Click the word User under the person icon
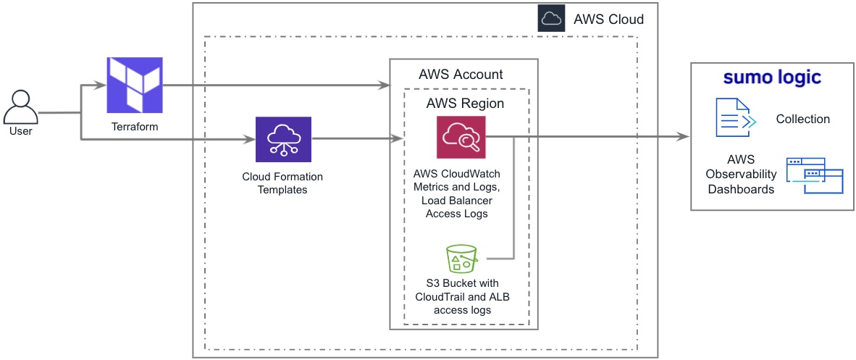pyautogui.click(x=20, y=133)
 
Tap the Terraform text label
pyautogui.click(x=135, y=127)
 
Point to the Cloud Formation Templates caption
pyautogui.click(x=282, y=183)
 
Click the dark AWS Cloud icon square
pyautogui.click(x=551, y=19)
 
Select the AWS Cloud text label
pyautogui.click(x=608, y=20)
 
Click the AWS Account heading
pyautogui.click(x=461, y=75)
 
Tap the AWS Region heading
pyautogui.click(x=465, y=104)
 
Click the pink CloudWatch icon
pyautogui.click(x=461, y=136)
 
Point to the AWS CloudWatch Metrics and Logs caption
pyautogui.click(x=457, y=193)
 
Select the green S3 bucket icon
pyautogui.click(x=461, y=258)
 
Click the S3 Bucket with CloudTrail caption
pyautogui.click(x=462, y=296)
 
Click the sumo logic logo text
pyautogui.click(x=772, y=78)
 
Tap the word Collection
pyautogui.click(x=802, y=119)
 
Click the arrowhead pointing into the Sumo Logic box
pyautogui.click(x=682, y=136)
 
